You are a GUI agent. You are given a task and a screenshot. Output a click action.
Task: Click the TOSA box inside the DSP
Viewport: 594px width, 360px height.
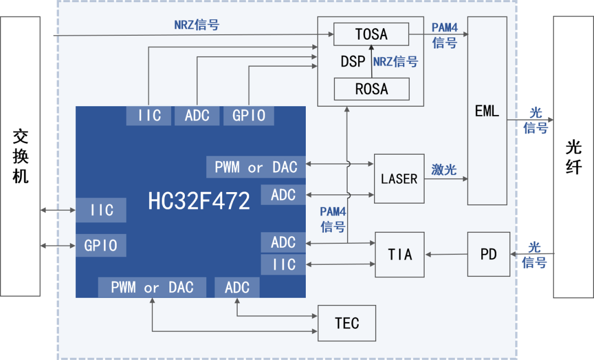[371, 34]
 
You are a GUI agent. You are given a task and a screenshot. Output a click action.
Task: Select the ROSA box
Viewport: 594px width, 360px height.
[371, 89]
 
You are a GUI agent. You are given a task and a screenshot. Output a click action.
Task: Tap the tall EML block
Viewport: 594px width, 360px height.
[487, 111]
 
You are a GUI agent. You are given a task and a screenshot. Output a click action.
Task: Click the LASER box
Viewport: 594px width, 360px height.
[399, 179]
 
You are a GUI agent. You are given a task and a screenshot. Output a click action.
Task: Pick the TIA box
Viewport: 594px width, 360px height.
[399, 254]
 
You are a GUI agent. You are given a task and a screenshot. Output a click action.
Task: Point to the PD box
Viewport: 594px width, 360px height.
[488, 254]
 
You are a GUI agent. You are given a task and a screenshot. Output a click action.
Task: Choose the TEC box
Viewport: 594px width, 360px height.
[346, 323]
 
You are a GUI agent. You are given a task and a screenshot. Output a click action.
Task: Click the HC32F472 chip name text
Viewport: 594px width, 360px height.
[199, 201]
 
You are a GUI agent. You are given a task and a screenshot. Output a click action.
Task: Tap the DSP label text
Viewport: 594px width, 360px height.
[353, 62]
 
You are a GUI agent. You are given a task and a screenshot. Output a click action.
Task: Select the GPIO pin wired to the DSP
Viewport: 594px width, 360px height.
[249, 116]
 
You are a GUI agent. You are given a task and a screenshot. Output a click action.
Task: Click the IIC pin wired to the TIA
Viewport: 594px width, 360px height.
[283, 265]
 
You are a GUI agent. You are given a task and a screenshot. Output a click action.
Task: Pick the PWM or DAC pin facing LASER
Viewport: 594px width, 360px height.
[256, 167]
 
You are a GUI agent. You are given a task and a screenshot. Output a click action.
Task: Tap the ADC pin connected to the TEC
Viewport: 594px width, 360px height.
[237, 287]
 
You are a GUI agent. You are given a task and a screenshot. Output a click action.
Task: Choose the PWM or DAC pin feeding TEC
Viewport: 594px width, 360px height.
[152, 287]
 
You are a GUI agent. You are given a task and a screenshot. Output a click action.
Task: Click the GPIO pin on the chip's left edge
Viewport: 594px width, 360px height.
[101, 246]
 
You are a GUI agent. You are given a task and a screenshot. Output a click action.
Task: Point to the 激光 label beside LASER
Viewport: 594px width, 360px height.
[444, 170]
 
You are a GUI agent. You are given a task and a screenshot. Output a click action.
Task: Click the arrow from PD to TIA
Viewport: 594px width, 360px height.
[446, 254]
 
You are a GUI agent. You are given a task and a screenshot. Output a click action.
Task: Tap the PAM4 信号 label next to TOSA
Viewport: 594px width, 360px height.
[444, 36]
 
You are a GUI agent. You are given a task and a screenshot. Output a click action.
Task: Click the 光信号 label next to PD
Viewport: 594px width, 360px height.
[534, 255]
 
